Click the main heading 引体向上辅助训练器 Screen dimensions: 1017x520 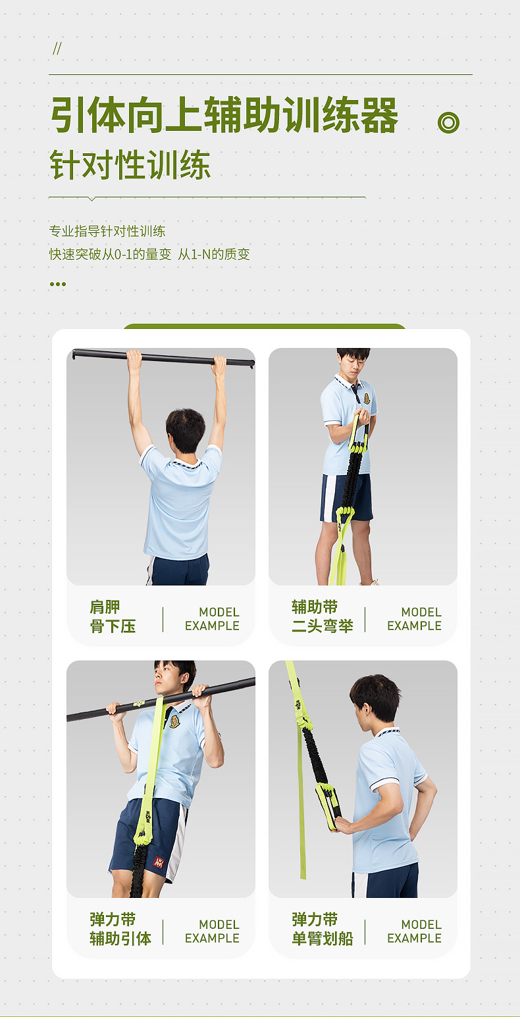pos(224,115)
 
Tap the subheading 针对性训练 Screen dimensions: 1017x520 pos(130,165)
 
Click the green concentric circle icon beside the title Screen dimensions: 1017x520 pos(448,122)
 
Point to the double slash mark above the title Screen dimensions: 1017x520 pos(57,49)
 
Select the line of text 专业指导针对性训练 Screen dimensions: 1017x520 pos(107,231)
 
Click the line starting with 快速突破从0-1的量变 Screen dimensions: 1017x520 pos(149,254)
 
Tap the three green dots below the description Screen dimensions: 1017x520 pos(58,284)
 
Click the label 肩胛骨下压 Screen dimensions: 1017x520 pos(113,616)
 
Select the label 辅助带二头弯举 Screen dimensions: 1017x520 pos(322,616)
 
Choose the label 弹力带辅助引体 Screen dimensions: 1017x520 pos(120,929)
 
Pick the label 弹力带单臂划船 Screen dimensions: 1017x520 pos(322,929)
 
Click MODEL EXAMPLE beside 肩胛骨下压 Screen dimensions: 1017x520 pos(212,619)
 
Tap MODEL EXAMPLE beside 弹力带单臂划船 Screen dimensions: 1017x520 pos(414,931)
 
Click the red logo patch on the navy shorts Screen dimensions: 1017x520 pos(158,862)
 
